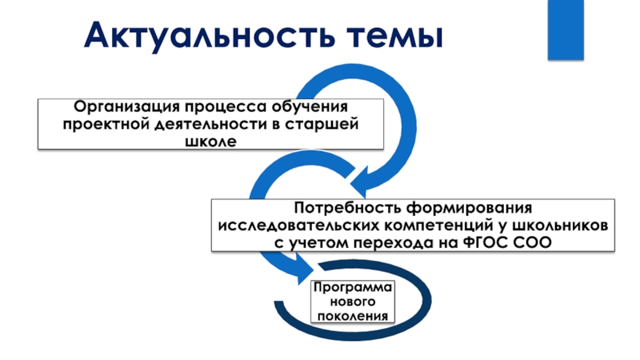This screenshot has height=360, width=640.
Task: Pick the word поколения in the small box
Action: pyautogui.click(x=353, y=315)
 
